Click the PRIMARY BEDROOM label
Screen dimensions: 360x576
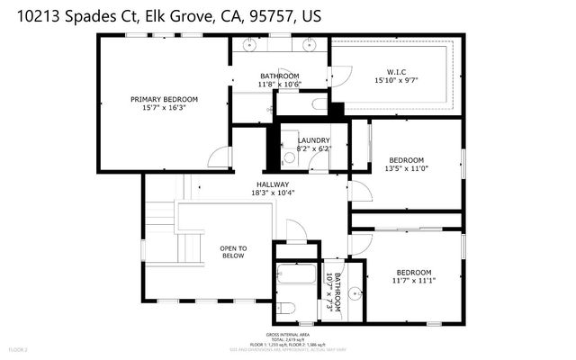click(164, 99)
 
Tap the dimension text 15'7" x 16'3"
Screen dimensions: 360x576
click(164, 108)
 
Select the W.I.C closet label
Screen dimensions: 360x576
click(397, 71)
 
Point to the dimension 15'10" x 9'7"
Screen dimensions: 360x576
click(397, 80)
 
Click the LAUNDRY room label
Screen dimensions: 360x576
click(313, 140)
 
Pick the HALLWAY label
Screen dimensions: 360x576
click(274, 184)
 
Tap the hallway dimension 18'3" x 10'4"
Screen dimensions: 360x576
click(274, 193)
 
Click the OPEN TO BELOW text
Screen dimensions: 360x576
click(234, 251)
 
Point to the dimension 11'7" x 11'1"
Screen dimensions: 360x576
click(414, 281)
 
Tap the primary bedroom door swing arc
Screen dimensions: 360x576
click(218, 158)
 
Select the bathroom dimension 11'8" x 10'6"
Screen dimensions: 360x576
click(279, 85)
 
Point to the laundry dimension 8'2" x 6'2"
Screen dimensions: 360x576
click(313, 149)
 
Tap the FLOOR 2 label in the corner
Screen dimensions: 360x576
click(19, 349)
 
